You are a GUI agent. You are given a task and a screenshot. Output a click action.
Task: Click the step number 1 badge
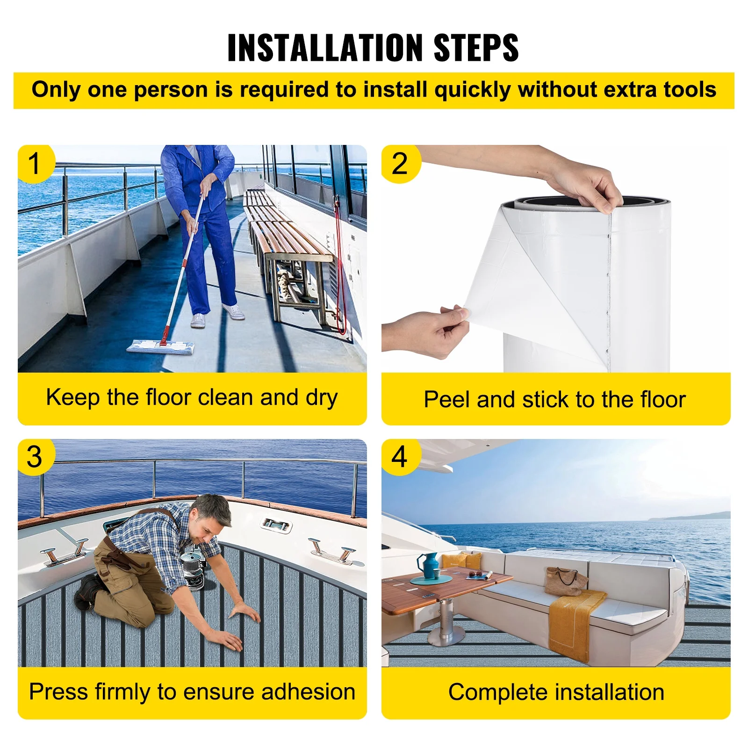click(x=35, y=164)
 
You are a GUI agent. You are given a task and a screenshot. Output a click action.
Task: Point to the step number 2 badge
click(x=400, y=164)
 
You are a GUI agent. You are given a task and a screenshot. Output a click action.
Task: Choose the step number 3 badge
click(x=35, y=457)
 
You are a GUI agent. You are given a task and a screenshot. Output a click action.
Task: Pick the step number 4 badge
click(x=400, y=457)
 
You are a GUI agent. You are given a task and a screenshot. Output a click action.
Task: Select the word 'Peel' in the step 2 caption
click(x=448, y=399)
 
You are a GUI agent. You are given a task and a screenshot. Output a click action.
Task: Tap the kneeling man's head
click(x=212, y=517)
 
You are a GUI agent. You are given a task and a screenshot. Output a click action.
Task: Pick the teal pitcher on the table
click(x=429, y=566)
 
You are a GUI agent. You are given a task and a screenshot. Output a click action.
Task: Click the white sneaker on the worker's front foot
click(x=198, y=320)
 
